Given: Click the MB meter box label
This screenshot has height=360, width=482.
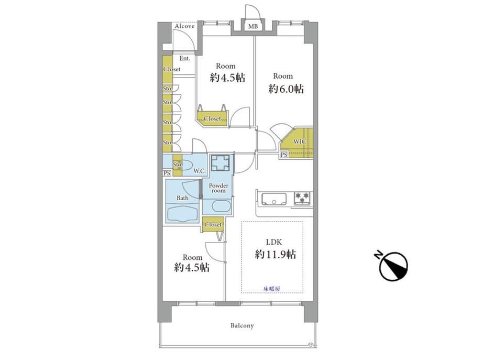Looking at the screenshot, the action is click(253, 27).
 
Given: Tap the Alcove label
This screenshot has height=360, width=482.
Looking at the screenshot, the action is click(184, 26).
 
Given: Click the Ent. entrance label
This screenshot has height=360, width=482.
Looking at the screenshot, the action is click(185, 58).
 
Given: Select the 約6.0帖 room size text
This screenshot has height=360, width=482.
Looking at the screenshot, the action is click(286, 89).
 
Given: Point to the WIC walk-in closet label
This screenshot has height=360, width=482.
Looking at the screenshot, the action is click(299, 141).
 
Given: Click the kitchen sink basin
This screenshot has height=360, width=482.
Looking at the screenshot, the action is click(274, 199).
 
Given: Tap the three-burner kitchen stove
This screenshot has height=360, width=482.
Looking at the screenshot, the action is click(303, 198).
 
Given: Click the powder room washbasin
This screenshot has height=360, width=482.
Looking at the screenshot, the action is click(221, 206).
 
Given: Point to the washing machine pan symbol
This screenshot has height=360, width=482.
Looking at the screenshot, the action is click(221, 162).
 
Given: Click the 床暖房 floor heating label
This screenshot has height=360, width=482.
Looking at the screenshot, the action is click(272, 289).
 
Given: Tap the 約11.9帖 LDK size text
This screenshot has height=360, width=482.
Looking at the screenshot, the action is click(276, 255).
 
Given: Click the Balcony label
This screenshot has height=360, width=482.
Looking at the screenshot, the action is click(242, 325).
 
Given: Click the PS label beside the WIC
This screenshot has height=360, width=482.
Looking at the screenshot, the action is click(284, 155).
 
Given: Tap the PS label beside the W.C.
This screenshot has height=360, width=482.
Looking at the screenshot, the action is click(167, 173).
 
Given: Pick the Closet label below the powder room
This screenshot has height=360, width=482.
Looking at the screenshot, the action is click(213, 225).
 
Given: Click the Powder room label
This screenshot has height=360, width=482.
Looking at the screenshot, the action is click(218, 188).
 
